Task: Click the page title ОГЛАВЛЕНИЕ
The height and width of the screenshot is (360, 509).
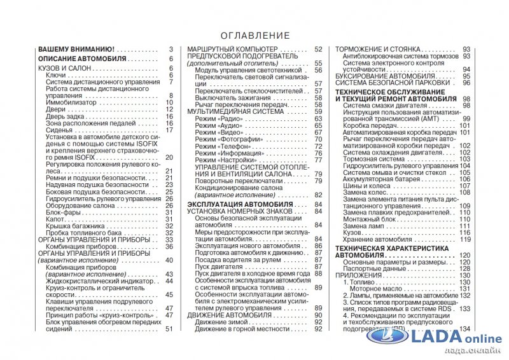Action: click(254, 36)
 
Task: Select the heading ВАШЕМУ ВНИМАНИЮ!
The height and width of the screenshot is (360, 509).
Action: click(76, 50)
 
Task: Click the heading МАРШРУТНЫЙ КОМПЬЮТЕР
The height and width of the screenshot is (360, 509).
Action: click(233, 50)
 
